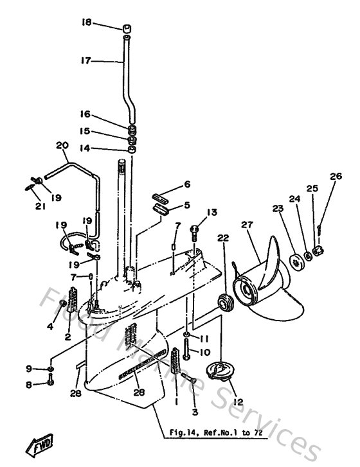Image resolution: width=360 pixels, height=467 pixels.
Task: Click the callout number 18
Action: [x=87, y=22]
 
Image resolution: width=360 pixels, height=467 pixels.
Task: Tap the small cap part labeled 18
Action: [x=127, y=29]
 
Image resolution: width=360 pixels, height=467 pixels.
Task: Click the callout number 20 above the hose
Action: [x=62, y=146]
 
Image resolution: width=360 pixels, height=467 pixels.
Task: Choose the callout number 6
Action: [x=187, y=184]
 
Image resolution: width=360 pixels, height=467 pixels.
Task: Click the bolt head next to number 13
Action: [x=197, y=228]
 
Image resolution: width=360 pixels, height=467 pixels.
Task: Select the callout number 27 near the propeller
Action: [x=246, y=225]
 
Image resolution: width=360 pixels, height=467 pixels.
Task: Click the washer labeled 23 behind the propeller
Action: [x=297, y=261]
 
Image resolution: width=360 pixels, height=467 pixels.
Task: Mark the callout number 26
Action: [x=334, y=176]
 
